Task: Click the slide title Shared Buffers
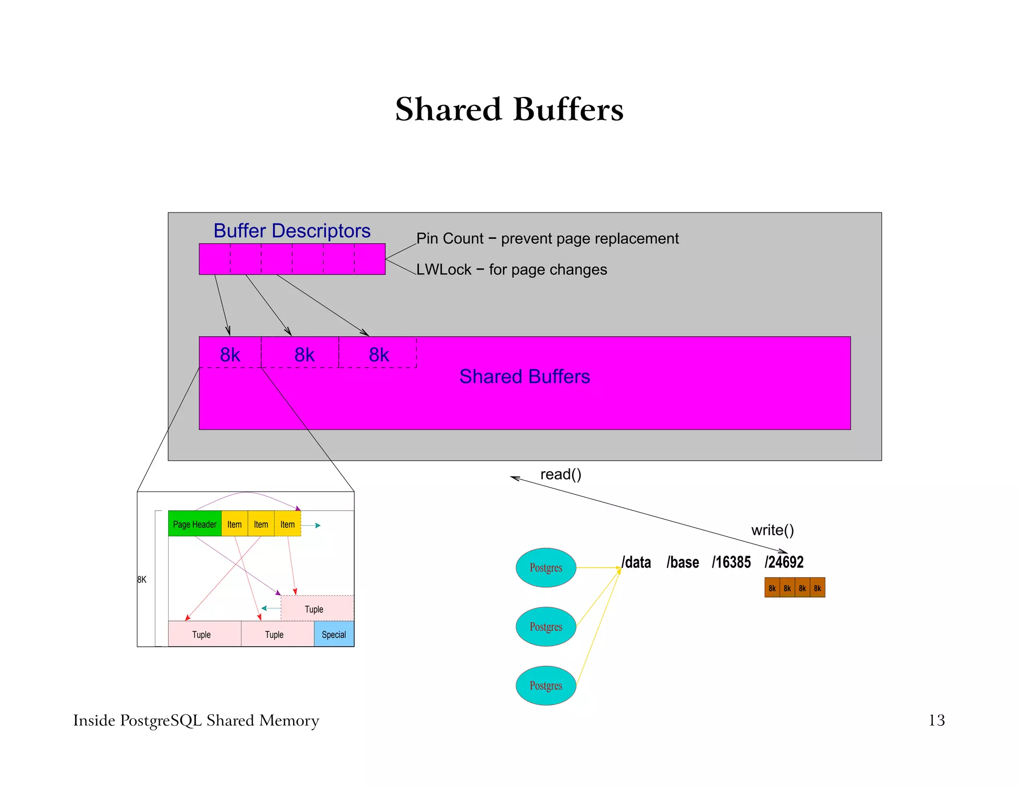(509, 109)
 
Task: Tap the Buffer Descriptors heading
(292, 231)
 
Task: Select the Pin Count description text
(547, 239)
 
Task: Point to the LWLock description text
(511, 270)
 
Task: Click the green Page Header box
(195, 524)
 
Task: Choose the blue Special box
(334, 634)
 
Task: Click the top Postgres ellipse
(546, 568)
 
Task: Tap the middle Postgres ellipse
(546, 627)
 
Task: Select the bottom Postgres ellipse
(546, 686)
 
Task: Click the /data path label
(636, 563)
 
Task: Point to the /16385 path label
(731, 563)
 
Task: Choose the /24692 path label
(784, 563)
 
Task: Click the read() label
(561, 475)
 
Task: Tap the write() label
(772, 530)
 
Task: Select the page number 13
(936, 720)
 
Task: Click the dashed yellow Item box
(288, 524)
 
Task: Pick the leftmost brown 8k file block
(772, 588)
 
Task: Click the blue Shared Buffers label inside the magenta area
(524, 377)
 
